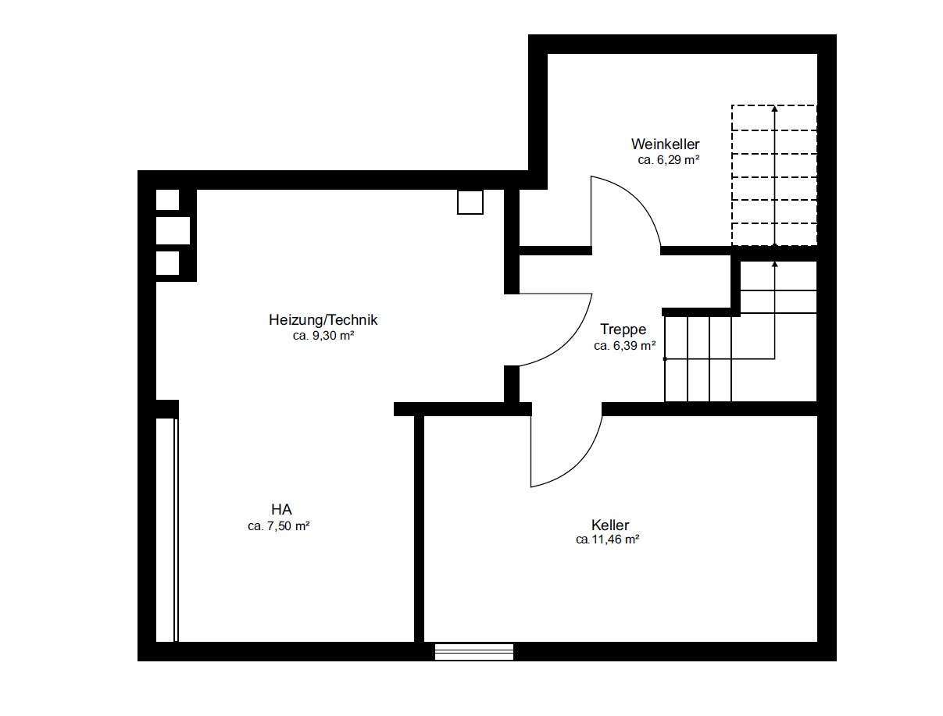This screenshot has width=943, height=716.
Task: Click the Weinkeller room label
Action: (x=665, y=144)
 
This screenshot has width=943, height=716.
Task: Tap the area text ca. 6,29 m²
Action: (x=669, y=160)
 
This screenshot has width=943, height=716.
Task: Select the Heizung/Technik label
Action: (x=323, y=320)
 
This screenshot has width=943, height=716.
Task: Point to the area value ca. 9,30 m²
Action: (x=323, y=336)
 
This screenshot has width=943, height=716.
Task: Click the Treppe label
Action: (x=623, y=330)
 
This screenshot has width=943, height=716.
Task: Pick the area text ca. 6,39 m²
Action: (x=625, y=346)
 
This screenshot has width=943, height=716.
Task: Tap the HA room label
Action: (x=281, y=510)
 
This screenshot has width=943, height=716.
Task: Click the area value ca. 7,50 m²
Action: (x=279, y=525)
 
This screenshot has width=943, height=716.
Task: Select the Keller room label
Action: (x=610, y=525)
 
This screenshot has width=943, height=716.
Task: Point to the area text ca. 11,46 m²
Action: (x=608, y=540)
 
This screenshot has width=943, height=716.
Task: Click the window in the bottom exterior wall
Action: (x=474, y=652)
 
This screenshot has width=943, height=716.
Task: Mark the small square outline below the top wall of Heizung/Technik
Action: (x=470, y=201)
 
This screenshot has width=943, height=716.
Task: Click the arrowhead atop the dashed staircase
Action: (x=774, y=109)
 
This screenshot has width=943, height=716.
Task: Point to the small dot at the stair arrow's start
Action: (x=665, y=359)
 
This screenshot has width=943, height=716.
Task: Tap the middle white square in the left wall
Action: (x=173, y=230)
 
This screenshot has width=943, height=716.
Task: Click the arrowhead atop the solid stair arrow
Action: (x=775, y=264)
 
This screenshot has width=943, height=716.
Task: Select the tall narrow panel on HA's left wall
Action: (x=167, y=530)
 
